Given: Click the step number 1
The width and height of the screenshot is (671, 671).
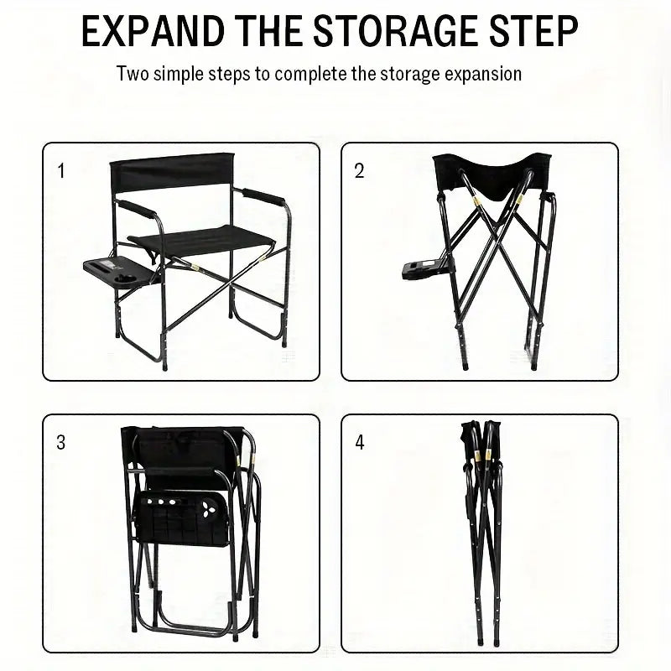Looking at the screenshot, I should pyautogui.click(x=61, y=171).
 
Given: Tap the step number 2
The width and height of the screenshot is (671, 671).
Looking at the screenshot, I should pyautogui.click(x=360, y=171).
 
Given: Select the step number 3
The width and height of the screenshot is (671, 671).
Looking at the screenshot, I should pyautogui.click(x=61, y=443).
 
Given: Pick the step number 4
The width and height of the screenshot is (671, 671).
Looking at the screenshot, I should pyautogui.click(x=360, y=443).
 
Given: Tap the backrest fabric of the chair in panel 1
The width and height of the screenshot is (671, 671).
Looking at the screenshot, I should pyautogui.click(x=172, y=173).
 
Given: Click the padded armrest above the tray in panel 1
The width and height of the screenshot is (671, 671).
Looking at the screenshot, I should pyautogui.click(x=137, y=210).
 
